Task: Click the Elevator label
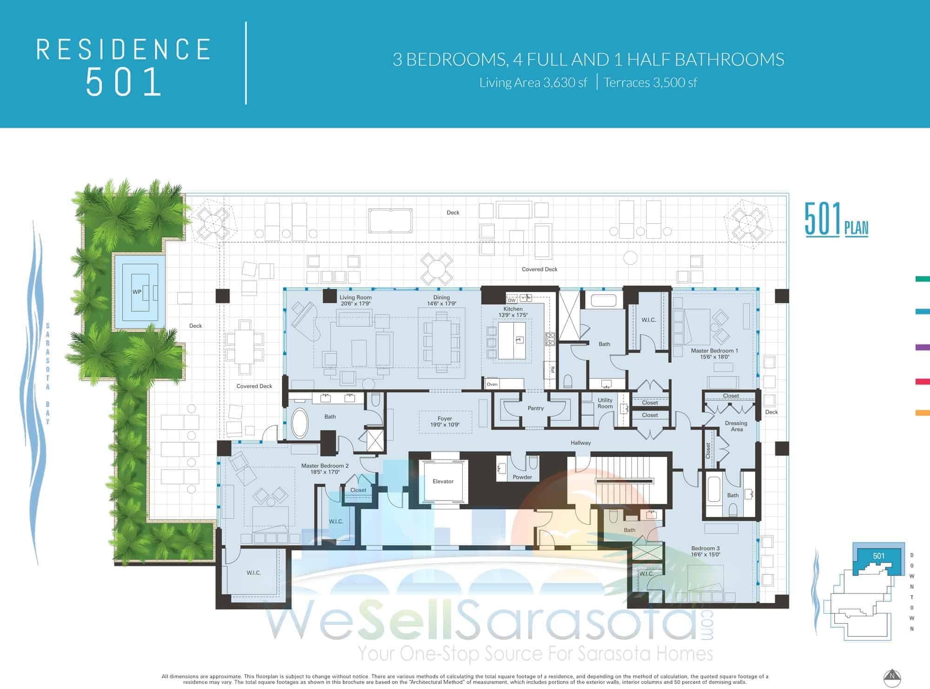click(x=443, y=481)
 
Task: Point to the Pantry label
click(x=536, y=408)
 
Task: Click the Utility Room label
click(x=605, y=403)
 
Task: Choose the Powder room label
click(x=522, y=477)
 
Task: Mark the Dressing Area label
click(x=736, y=426)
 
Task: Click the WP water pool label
click(x=137, y=292)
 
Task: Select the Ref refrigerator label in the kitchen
click(x=552, y=370)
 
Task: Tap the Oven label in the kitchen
click(x=492, y=384)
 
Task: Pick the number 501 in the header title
click(x=124, y=82)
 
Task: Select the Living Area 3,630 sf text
click(x=533, y=83)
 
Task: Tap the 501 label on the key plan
click(x=878, y=556)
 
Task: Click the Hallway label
click(x=581, y=443)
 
